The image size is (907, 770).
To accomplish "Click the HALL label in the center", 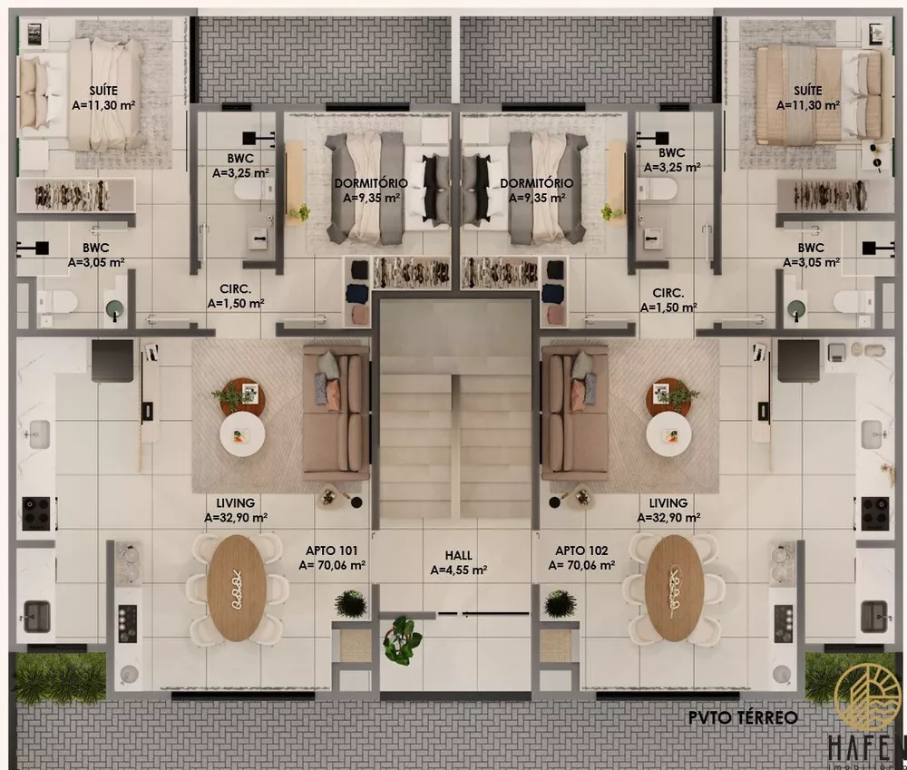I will pos(458,554).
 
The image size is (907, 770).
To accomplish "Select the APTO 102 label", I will pos(581,551).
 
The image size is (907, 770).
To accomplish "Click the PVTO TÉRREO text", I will pos(743,717).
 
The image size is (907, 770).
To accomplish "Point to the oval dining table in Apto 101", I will pos(236,589).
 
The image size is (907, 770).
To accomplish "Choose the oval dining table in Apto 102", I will pos(675,589).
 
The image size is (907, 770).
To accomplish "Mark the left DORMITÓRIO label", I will pos(370,182).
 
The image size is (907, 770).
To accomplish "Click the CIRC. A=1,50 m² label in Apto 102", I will pos(668,300).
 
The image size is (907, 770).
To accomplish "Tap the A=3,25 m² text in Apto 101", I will pos(239,170).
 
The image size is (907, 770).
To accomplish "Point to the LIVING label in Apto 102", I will pos(668,502).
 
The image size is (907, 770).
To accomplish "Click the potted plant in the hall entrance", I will pos(402,639).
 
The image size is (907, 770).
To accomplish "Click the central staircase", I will pos(455,417).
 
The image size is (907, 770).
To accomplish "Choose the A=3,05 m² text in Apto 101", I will pos(96,262).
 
